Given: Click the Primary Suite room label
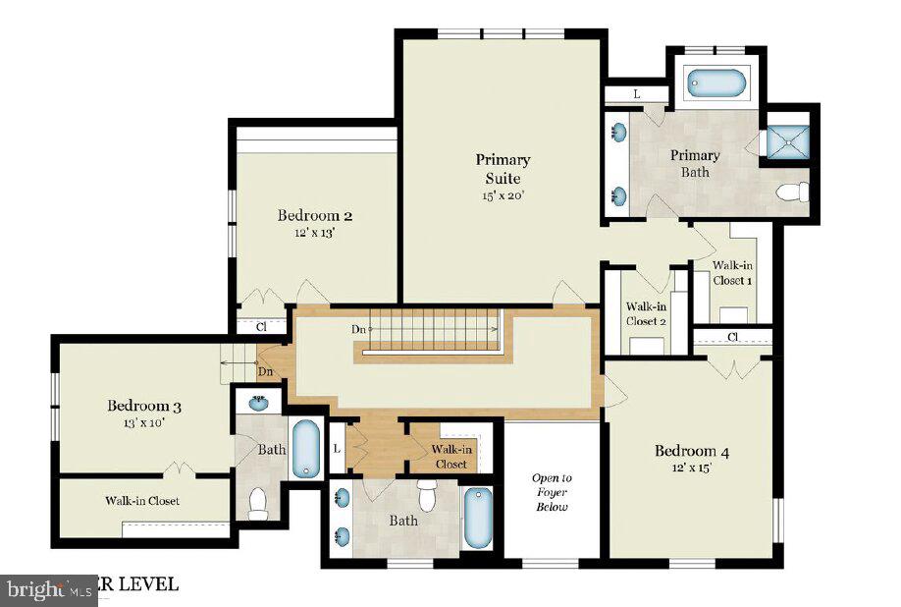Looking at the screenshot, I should point(503,168).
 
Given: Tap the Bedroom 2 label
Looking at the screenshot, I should point(314,216).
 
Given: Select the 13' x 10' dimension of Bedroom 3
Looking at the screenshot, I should point(143,423).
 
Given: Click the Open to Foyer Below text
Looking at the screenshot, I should point(552,492).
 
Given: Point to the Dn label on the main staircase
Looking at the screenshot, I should point(359,329).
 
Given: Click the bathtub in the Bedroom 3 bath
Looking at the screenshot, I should point(305,449).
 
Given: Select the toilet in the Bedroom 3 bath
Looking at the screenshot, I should point(258,503).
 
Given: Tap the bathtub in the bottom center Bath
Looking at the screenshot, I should point(479,518).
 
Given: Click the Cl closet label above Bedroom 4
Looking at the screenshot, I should point(732,337).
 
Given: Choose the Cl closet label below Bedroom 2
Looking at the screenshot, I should point(261,326).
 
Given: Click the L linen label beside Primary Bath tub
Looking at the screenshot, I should point(636,94).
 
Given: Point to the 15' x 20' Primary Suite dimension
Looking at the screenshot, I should point(503,195).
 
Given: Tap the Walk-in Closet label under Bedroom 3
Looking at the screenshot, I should point(142,501).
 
